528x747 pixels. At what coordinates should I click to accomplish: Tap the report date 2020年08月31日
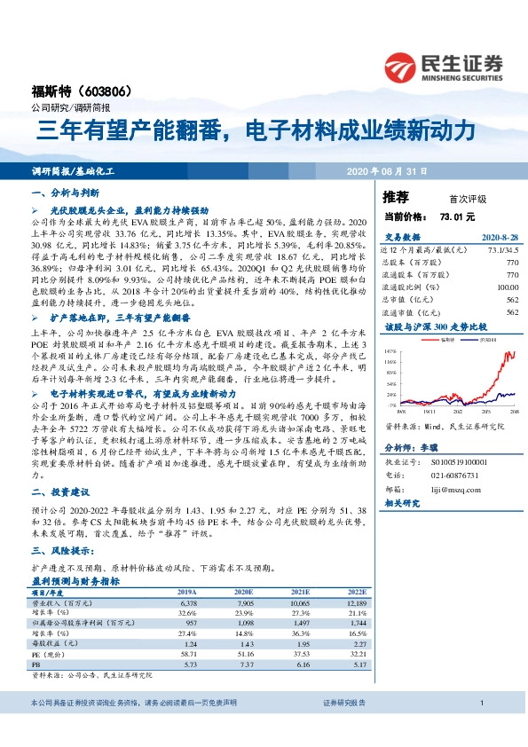(x=386, y=170)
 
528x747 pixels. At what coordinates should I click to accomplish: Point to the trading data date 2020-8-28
(x=499, y=238)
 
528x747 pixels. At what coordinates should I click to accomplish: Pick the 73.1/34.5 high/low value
(x=500, y=250)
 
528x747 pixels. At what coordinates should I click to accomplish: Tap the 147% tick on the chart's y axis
(x=391, y=351)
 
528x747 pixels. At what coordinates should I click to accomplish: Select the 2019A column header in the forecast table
(x=187, y=592)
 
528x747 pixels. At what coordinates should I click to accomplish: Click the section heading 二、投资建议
(x=57, y=492)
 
